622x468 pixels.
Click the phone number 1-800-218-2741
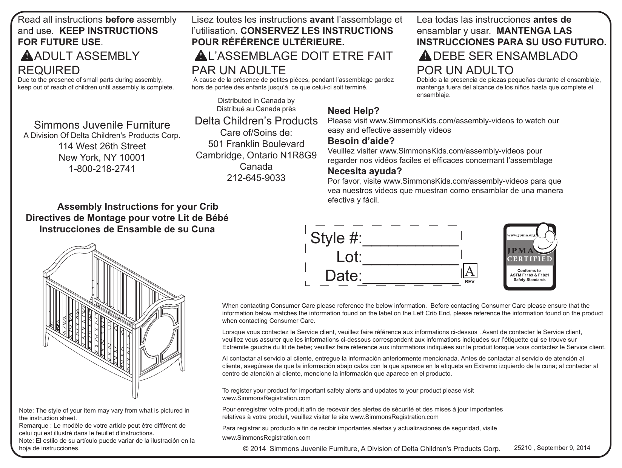tap(102, 169)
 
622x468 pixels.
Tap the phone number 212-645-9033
tap(256, 178)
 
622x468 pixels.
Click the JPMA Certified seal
tap(530, 256)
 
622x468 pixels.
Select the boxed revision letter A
tap(469, 271)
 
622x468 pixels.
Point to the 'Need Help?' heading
tap(353, 111)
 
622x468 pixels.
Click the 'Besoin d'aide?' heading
tap(361, 141)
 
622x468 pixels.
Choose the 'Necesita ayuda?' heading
tap(364, 171)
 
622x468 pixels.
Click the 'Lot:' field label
tap(349, 257)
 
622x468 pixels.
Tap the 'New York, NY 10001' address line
tap(102, 157)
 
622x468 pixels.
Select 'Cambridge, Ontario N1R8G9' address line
tap(256, 155)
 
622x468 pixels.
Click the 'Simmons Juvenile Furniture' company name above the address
tap(102, 125)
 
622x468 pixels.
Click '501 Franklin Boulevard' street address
tap(256, 144)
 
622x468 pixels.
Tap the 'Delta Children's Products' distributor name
tap(256, 121)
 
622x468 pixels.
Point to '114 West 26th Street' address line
tap(102, 146)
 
